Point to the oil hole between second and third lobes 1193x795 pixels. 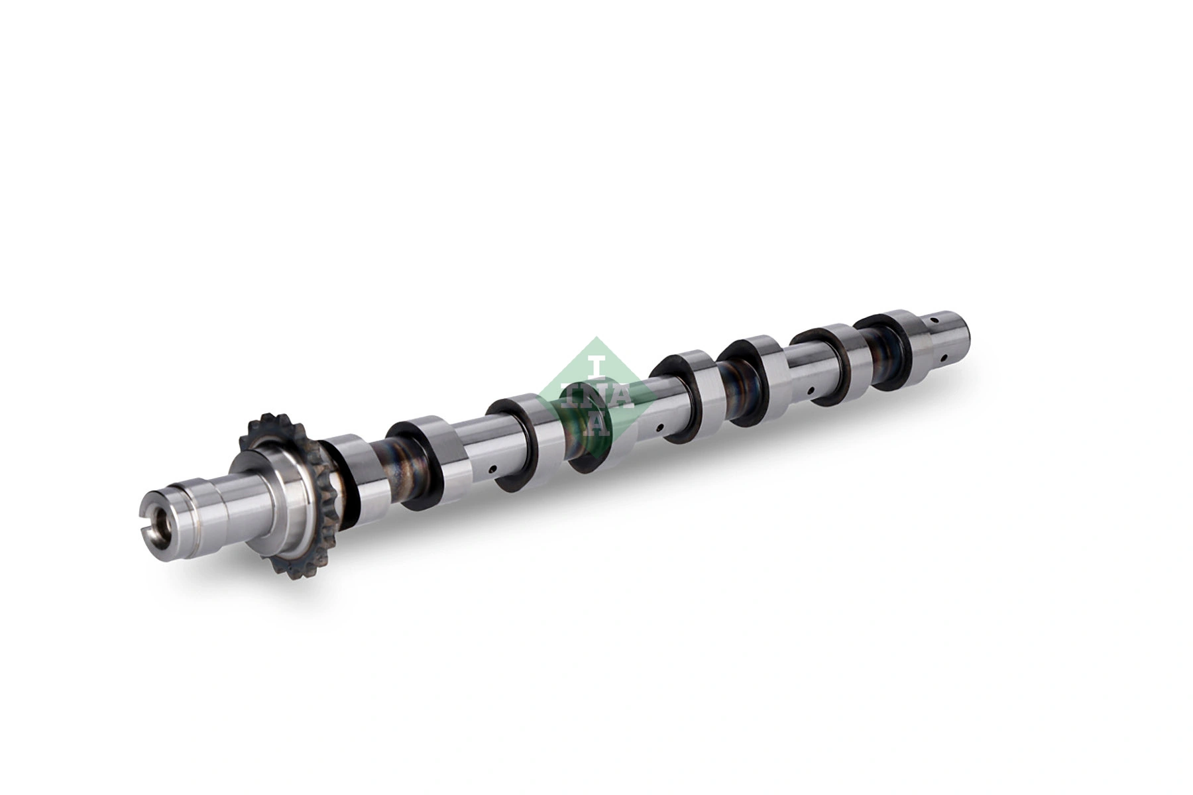point(491,470)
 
